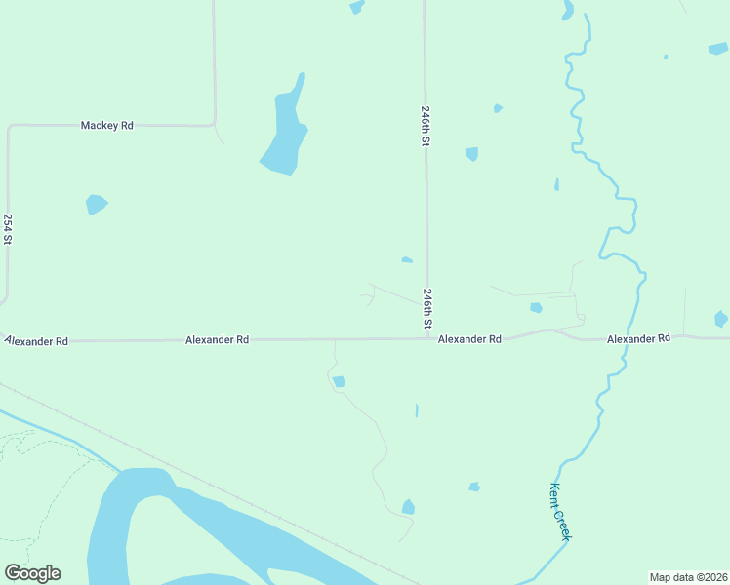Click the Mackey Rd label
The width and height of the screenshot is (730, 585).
click(x=106, y=126)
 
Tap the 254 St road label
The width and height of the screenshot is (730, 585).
click(x=8, y=229)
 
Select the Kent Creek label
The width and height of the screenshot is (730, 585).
click(x=560, y=511)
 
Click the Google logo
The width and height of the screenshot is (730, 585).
click(x=32, y=573)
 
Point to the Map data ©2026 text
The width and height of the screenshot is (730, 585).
click(x=688, y=577)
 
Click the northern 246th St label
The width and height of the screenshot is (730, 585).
click(x=426, y=125)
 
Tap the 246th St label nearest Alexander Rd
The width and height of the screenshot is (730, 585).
click(x=427, y=307)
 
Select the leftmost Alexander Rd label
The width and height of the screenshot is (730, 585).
click(x=37, y=341)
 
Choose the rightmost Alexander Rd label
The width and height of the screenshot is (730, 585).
click(x=638, y=338)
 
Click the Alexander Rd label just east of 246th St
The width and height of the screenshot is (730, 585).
click(x=469, y=339)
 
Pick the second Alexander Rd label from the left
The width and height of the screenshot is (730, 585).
click(x=217, y=340)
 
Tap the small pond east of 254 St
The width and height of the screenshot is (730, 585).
click(x=96, y=204)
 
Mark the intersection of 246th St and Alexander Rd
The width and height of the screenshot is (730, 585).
click(x=426, y=338)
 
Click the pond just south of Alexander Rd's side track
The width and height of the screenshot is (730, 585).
click(x=339, y=381)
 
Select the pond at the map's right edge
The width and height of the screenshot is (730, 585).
click(x=721, y=319)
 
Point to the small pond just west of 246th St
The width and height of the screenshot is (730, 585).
click(x=407, y=259)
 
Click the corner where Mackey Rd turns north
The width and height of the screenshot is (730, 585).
click(x=214, y=124)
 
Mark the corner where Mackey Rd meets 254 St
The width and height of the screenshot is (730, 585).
click(x=9, y=127)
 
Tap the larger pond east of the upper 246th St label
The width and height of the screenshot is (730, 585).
click(x=472, y=154)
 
